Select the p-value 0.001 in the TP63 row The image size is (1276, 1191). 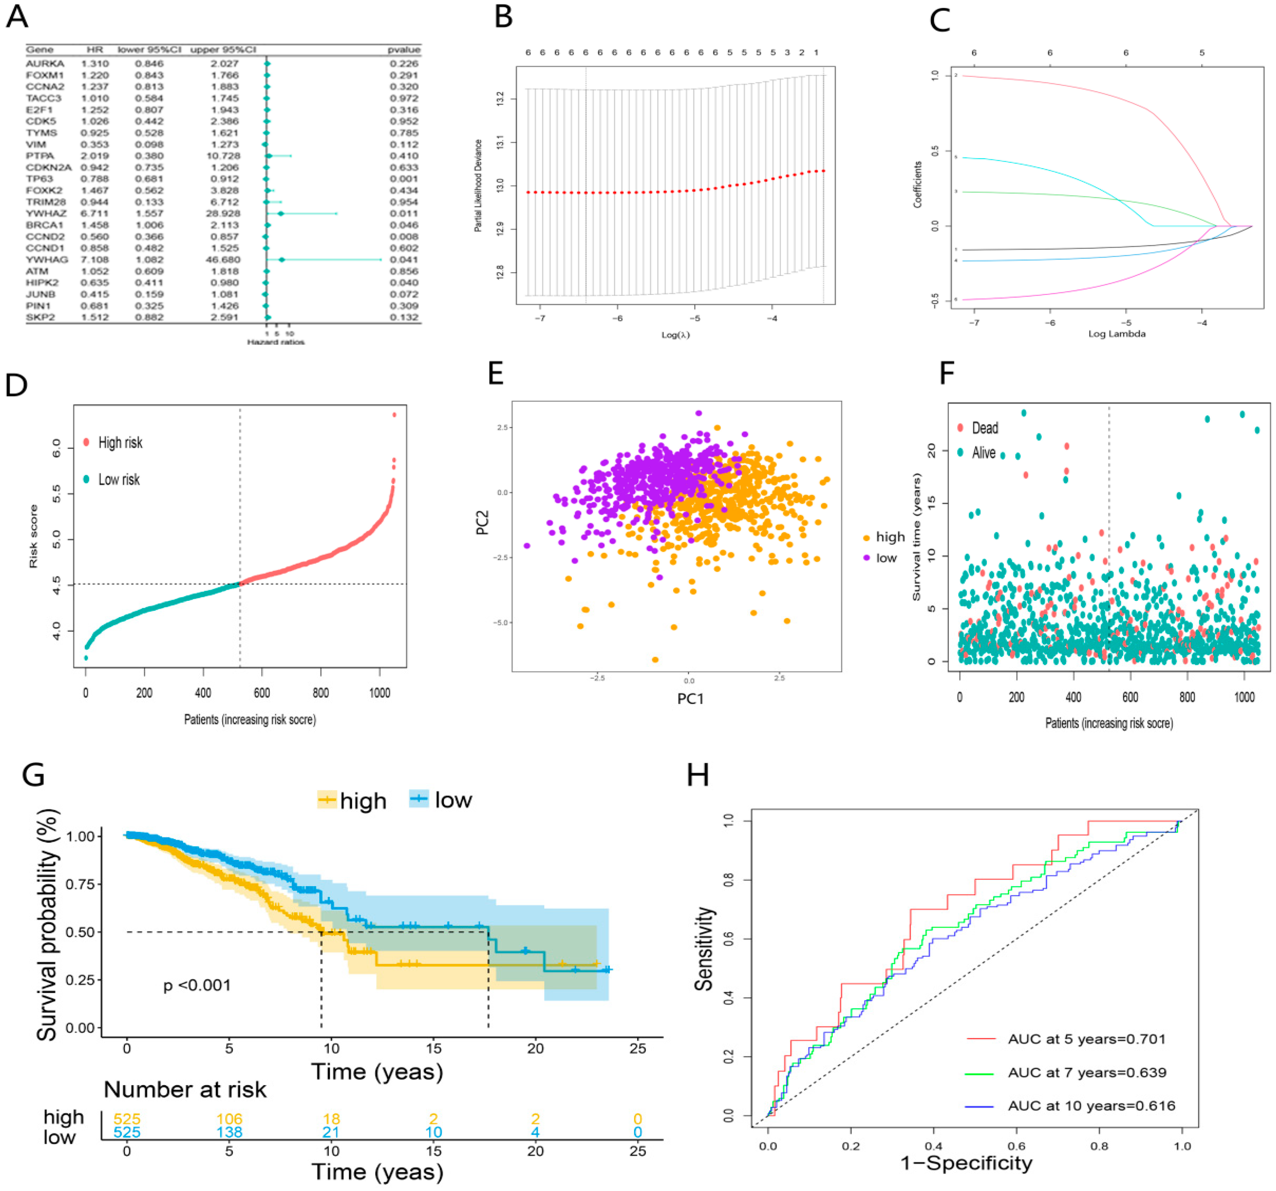(x=404, y=178)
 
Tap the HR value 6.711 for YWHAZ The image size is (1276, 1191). (x=95, y=213)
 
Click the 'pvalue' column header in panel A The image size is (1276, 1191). (x=404, y=49)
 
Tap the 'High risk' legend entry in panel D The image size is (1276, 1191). (x=120, y=442)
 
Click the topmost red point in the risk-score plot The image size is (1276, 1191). (x=394, y=415)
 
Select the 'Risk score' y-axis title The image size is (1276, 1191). (x=33, y=536)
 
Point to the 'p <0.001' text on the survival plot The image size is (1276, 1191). (x=197, y=985)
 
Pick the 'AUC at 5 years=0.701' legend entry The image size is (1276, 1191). (x=1086, y=1039)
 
